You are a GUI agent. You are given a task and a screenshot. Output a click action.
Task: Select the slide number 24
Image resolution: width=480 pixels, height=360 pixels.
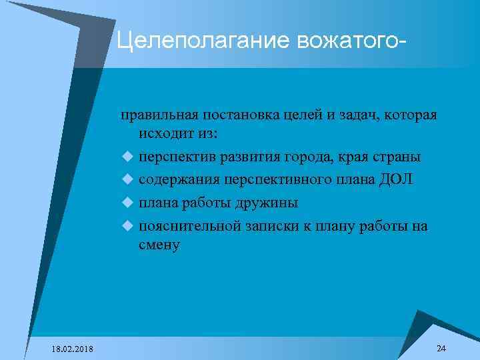click(x=441, y=349)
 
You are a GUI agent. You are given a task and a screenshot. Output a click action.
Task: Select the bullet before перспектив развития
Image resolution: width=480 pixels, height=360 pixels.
click(x=127, y=157)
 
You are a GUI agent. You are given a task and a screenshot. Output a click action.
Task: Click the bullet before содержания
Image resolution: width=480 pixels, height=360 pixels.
click(x=127, y=180)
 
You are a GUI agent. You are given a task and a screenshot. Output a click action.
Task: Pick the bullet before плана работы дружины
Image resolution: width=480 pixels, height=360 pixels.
click(x=127, y=203)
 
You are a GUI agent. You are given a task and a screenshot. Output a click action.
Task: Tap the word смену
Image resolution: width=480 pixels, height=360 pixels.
click(x=159, y=245)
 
